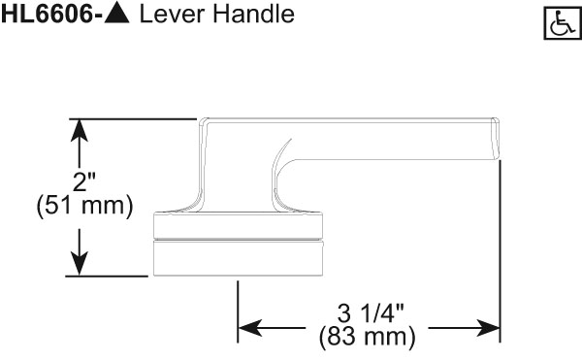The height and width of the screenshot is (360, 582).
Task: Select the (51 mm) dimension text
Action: pyautogui.click(x=81, y=207)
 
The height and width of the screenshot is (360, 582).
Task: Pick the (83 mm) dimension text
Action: pyautogui.click(x=368, y=338)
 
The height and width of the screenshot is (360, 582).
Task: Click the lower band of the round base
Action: pyautogui.click(x=237, y=257)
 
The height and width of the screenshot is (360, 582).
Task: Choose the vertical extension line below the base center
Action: pyautogui.click(x=238, y=306)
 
